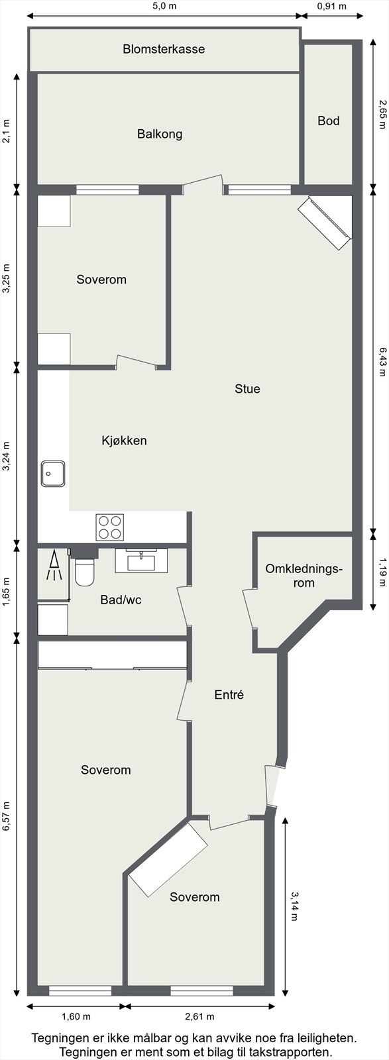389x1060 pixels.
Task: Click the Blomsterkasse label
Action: point(164,49)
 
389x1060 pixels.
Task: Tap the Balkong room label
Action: point(160,134)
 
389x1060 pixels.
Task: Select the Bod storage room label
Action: point(328,121)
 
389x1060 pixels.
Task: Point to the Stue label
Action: point(247,389)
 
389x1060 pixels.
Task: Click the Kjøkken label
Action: point(124,441)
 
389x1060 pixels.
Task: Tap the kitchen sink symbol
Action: point(52,473)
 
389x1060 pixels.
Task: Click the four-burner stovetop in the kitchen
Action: point(110,527)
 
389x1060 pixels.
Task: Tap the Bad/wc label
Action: point(121,600)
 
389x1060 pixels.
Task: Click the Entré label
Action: point(229,695)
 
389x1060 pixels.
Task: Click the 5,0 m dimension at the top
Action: point(164,7)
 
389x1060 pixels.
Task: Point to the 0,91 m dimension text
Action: point(332,7)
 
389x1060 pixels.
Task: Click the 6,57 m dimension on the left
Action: point(7,818)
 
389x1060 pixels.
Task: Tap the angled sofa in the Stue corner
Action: point(324,223)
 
